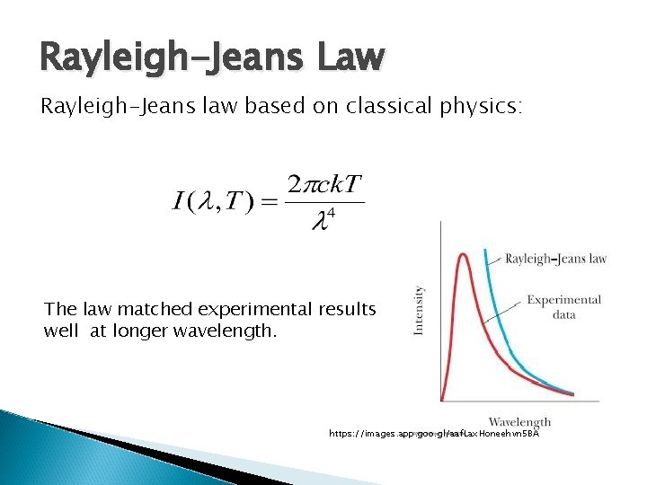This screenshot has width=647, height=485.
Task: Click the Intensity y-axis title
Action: click(x=418, y=310)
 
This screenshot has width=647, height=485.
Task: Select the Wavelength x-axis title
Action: click(x=519, y=421)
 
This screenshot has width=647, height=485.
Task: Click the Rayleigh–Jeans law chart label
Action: click(x=555, y=259)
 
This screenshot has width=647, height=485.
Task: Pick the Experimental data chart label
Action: click(x=563, y=306)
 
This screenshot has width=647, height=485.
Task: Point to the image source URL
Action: click(x=433, y=434)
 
